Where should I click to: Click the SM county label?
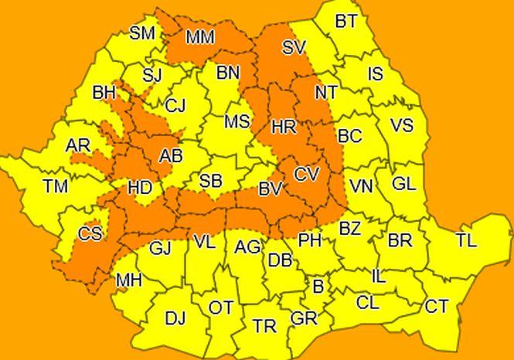[x=142, y=33]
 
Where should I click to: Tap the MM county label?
[x=200, y=36]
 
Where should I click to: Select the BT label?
[x=346, y=22]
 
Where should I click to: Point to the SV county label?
[x=294, y=48]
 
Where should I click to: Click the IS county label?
[x=376, y=74]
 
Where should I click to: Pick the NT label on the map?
[x=326, y=93]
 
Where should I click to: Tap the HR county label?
[x=284, y=126]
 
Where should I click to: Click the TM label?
[x=56, y=185]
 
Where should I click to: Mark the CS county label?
[x=90, y=233]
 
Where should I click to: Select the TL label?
[x=466, y=240]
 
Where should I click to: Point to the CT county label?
[x=437, y=307]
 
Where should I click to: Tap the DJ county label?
[x=175, y=318]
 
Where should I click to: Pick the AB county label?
[x=171, y=157]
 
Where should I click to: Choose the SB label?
[x=211, y=182]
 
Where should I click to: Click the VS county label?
[x=402, y=125]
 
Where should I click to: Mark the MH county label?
[x=128, y=280]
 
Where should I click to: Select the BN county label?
[x=227, y=73]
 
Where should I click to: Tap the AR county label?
[x=78, y=146]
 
